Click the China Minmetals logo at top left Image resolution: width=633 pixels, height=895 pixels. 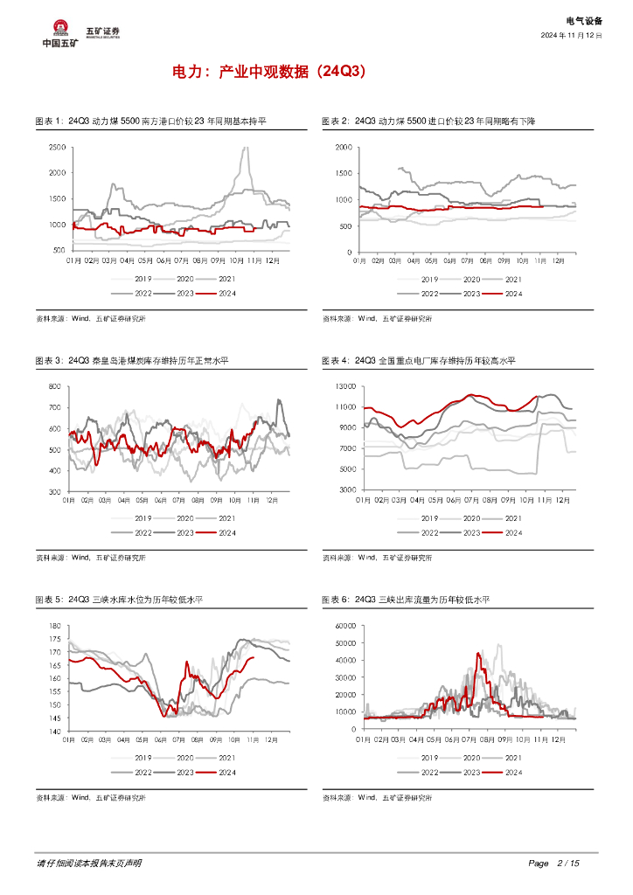60,33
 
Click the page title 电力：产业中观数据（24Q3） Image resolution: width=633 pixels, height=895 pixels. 268,73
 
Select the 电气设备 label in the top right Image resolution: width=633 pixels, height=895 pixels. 584,19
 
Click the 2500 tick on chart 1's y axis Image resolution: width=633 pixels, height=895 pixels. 57,147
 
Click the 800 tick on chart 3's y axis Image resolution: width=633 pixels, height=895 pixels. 54,386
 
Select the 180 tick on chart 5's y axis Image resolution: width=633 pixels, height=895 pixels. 54,626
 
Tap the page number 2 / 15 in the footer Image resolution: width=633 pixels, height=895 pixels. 567,864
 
